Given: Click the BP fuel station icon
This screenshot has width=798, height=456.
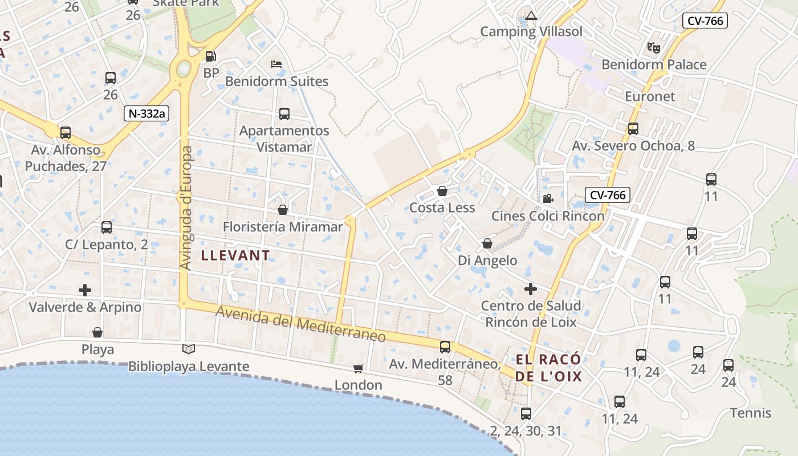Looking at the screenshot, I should [x=210, y=56].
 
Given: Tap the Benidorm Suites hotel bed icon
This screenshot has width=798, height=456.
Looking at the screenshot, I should [x=276, y=64].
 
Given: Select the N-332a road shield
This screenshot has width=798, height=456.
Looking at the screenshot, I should [x=146, y=113].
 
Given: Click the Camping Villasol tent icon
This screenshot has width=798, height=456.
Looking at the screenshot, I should [x=531, y=15].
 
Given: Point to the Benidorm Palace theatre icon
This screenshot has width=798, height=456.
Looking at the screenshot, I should [x=653, y=48].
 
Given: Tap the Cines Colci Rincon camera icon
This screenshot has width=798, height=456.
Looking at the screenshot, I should [x=548, y=198].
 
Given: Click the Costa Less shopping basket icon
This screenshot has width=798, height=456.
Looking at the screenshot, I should [x=442, y=191].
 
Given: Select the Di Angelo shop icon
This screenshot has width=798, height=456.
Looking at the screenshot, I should [x=487, y=244].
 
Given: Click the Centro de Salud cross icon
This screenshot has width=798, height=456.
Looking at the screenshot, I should [x=531, y=289].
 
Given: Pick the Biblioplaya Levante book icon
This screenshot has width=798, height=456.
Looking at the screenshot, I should [x=188, y=349].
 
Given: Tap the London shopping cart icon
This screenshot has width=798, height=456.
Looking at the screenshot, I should [x=358, y=368].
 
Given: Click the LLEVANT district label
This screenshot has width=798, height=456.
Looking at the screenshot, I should [x=235, y=255].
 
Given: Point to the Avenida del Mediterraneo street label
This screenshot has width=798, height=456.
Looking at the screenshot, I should [x=301, y=324].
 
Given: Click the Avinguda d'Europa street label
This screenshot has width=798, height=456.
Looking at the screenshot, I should [x=186, y=208].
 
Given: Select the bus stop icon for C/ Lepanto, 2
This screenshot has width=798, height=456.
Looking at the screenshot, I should [x=107, y=227].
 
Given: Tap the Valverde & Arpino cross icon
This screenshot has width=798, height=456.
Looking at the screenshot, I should [x=85, y=290].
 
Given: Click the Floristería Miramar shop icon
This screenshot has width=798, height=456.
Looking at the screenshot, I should [x=282, y=210].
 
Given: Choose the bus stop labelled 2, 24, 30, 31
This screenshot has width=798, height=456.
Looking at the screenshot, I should [x=526, y=414].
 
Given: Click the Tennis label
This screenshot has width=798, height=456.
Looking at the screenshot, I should [x=751, y=413].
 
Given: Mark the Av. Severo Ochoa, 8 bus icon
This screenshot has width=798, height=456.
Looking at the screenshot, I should [x=633, y=129].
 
